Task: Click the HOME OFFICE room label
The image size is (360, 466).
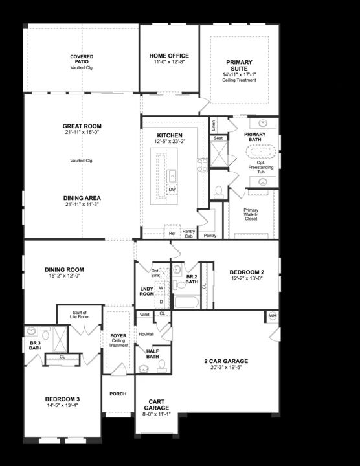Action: pos(169,56)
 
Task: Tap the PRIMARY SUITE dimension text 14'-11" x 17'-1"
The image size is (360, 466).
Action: pos(240,75)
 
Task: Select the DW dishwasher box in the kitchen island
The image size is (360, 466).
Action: pos(172,189)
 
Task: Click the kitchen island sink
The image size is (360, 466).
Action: pos(172,175)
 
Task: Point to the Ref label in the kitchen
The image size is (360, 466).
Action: pos(172,233)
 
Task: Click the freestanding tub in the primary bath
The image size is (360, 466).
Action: pos(261,151)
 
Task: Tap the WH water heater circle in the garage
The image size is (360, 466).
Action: pos(273,316)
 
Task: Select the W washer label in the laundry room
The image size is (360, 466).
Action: pos(161,288)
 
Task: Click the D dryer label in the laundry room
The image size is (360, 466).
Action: pos(161,302)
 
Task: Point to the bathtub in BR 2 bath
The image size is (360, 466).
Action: pos(186,302)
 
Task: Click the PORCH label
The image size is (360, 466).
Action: pos(118,394)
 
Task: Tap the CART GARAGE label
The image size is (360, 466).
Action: pos(156,405)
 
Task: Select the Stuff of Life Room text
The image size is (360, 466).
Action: pos(80,315)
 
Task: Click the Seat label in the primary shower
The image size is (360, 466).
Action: pos(218,138)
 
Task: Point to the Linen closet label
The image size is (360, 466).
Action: pos(214,126)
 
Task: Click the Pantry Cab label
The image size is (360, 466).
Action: pos(188,234)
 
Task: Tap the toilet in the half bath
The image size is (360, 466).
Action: pos(162,366)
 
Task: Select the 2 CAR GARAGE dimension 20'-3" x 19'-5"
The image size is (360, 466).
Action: pos(226,368)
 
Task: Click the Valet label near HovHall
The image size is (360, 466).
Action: pos(144,314)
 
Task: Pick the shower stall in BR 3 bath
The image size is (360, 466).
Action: pos(60,339)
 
